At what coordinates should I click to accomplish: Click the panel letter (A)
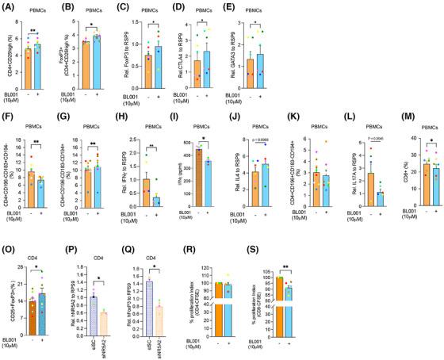(10, 10)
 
